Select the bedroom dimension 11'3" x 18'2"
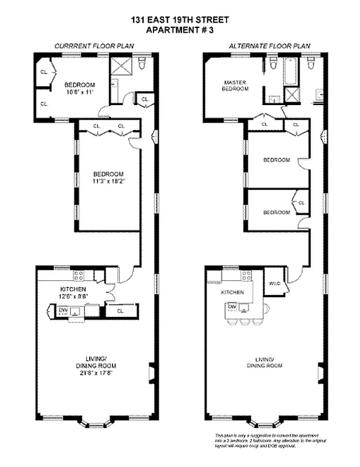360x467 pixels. point(109,182)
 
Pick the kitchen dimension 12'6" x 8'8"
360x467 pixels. point(73,297)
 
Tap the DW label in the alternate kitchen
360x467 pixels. point(232,306)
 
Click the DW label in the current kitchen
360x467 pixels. point(62,310)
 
